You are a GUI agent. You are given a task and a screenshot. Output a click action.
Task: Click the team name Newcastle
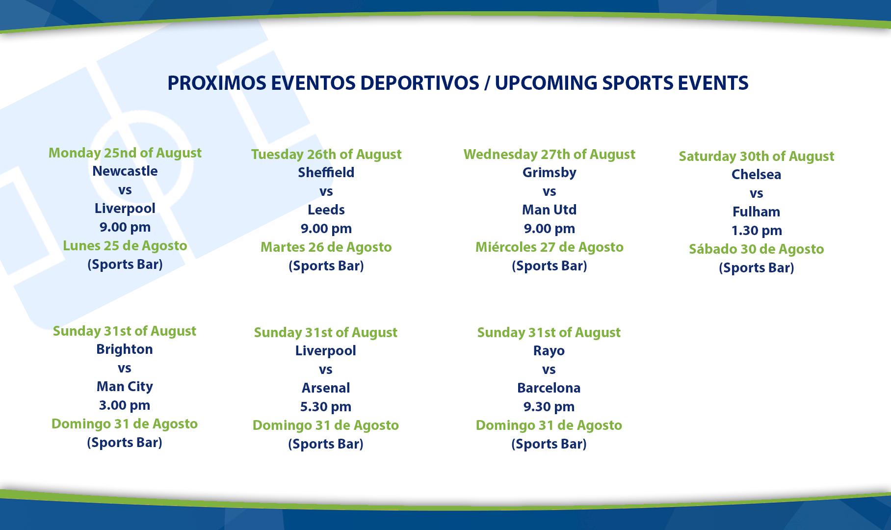125,171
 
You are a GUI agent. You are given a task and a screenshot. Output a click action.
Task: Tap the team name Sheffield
326,172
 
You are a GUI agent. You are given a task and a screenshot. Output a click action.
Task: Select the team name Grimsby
550,172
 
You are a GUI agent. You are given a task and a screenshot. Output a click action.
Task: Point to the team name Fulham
756,212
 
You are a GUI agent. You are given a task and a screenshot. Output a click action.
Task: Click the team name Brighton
125,349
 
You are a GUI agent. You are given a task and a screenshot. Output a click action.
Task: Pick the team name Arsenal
326,388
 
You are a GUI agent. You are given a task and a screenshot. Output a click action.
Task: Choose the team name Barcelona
549,388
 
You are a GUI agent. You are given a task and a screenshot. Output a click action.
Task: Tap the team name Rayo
549,351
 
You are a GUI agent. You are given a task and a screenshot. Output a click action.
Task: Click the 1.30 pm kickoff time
756,230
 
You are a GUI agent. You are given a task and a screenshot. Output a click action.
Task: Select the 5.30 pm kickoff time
326,406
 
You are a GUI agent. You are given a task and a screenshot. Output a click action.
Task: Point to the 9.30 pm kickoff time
549,406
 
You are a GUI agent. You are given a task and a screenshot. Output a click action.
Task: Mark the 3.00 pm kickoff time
125,405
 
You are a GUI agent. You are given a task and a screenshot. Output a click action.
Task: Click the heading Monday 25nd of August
125,153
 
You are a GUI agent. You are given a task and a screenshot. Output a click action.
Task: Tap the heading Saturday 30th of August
756,156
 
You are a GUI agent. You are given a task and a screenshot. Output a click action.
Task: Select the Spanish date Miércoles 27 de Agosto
550,247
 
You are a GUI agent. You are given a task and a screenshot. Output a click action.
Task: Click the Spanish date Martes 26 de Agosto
326,247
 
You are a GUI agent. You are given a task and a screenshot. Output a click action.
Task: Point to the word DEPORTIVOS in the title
419,83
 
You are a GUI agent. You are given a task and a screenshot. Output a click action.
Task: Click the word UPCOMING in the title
546,83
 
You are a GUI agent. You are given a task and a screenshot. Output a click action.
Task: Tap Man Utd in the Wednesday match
550,210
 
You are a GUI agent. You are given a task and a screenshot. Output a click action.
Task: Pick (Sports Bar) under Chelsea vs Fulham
756,267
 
